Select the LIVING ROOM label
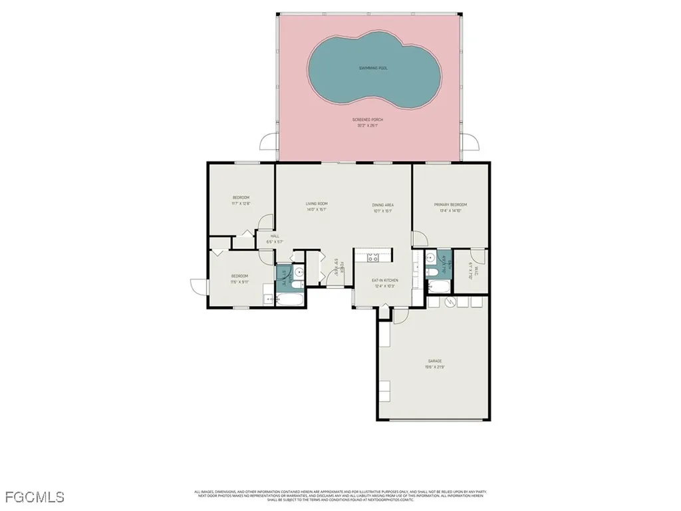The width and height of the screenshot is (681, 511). click(317, 204)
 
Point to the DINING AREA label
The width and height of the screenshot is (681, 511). click(382, 205)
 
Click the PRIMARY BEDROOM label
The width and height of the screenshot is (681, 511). click(450, 205)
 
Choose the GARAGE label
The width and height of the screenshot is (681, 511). click(435, 361)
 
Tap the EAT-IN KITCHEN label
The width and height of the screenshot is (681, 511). click(384, 281)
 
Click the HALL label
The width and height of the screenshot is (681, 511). click(275, 236)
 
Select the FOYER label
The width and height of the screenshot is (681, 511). click(341, 267)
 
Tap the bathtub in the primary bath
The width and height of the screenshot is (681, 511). click(438, 287)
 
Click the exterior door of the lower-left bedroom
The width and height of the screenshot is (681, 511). click(198, 287)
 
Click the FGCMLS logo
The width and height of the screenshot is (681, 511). click(35, 496)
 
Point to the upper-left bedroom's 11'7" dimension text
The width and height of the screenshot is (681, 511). click(241, 204)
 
